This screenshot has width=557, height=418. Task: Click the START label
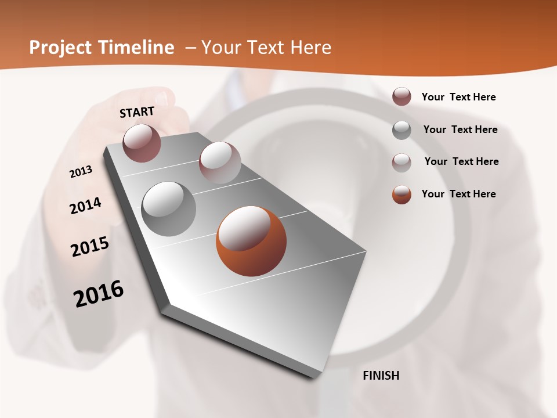pos(137,112)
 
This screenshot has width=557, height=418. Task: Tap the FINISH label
pos(381,376)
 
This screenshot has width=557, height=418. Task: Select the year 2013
pos(81,172)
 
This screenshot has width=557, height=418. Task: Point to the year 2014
pos(85,206)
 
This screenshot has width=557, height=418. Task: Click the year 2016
pos(99,294)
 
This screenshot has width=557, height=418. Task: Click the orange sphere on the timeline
pos(251,241)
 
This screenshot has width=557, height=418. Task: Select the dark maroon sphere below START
pos(142,143)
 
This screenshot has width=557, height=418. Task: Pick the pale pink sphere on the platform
pos(220,163)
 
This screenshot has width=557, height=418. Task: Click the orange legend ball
pos(402,194)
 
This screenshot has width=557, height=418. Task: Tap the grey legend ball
pos(402,130)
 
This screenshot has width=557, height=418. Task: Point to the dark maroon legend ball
pos(402,97)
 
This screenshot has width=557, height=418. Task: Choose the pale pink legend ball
pos(402,162)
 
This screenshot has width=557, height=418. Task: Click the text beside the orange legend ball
pos(458,194)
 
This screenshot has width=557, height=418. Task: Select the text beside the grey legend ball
pos(460,129)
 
